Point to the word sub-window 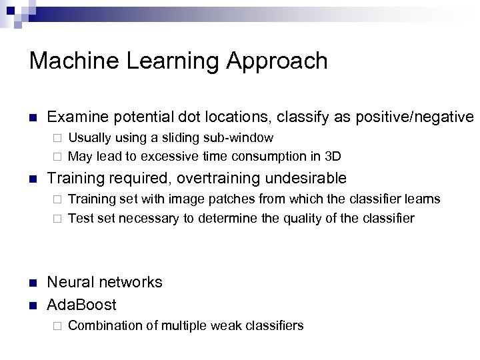(240, 138)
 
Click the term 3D (332, 157)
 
